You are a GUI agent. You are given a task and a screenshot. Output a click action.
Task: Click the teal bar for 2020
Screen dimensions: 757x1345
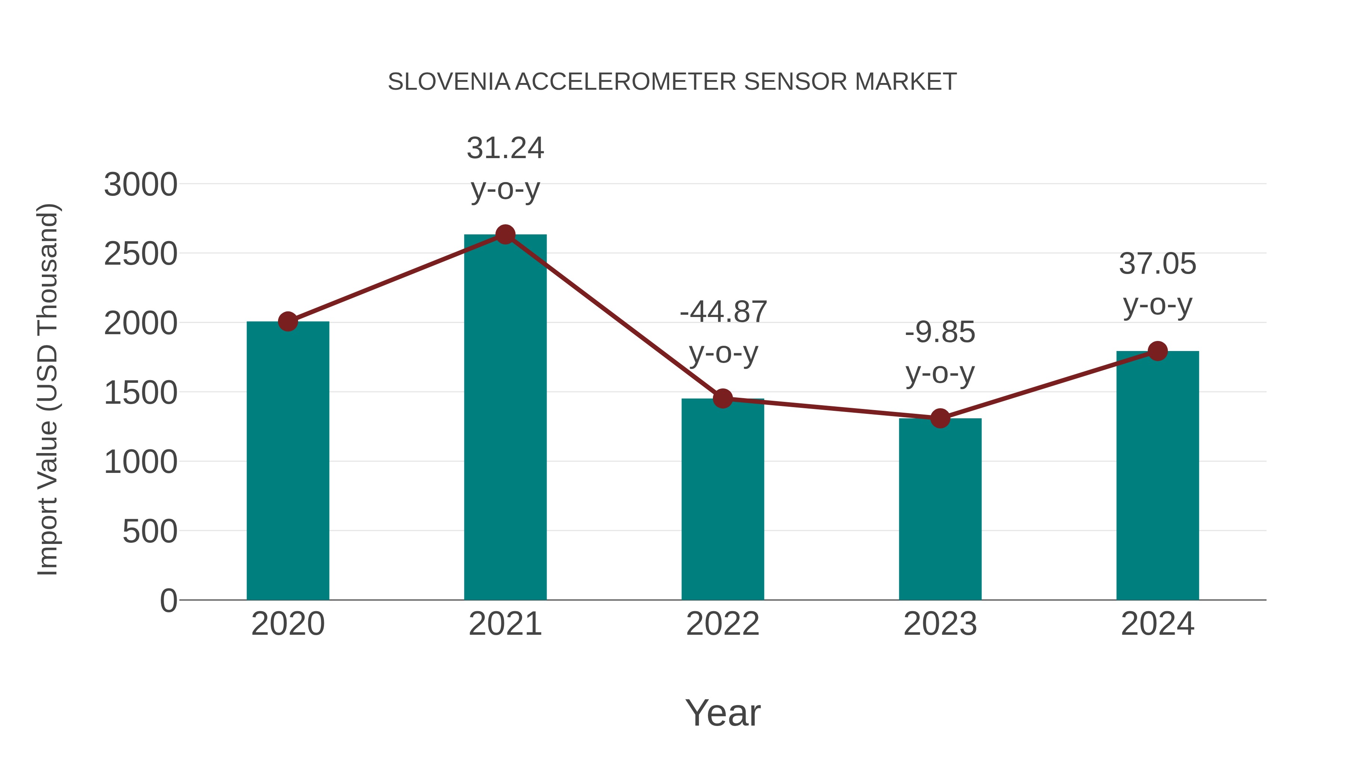[288, 460]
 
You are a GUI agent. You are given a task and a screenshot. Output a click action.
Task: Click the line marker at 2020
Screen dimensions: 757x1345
[288, 321]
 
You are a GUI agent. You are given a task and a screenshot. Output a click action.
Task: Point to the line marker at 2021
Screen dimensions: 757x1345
[505, 234]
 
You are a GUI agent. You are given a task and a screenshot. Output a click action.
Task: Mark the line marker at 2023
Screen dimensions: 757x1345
[940, 418]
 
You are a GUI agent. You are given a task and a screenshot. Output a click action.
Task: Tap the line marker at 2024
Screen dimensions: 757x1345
[1157, 351]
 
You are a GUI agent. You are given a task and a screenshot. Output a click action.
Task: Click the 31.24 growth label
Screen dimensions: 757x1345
[505, 148]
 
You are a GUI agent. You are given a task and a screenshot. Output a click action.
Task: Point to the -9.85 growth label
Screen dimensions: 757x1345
[940, 332]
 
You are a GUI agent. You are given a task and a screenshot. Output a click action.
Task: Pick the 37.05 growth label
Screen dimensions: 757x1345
[1157, 264]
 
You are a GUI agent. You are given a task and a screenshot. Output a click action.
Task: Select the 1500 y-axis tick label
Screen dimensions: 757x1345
[140, 393]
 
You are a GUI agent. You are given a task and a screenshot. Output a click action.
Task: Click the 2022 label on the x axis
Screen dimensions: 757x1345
[723, 624]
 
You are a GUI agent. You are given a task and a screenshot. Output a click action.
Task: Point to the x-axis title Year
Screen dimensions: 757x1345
[723, 713]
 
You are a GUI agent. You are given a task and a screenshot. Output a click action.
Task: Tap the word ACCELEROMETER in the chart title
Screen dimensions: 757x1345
[626, 82]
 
